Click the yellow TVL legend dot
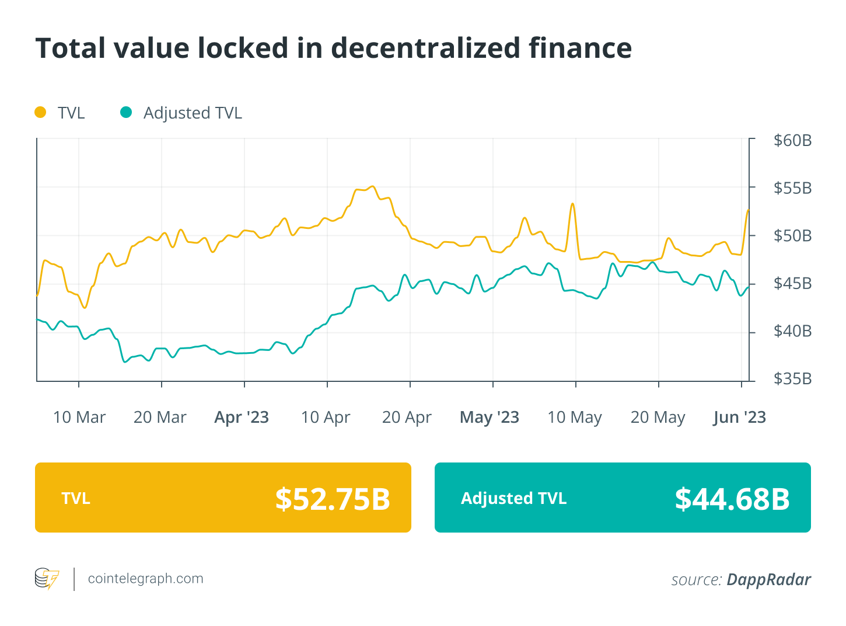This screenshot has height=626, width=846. [40, 112]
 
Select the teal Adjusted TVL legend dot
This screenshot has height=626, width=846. [126, 112]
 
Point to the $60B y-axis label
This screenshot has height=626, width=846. [792, 140]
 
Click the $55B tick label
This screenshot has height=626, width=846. [792, 188]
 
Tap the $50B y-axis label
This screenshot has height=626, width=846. [792, 236]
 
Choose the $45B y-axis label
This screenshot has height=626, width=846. [792, 284]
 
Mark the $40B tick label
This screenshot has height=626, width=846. [792, 331]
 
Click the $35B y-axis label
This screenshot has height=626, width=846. [792, 379]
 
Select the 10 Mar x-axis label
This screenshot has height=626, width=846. [79, 418]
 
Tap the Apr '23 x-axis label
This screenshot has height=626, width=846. [242, 418]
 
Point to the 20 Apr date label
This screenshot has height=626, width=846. [407, 418]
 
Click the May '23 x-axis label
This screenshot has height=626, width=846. [490, 418]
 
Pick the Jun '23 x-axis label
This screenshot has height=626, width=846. [739, 418]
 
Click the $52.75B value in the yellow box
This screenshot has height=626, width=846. [333, 499]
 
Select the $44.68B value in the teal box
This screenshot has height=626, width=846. [732, 499]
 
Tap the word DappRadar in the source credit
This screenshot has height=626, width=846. [768, 579]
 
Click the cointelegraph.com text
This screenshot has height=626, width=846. [145, 579]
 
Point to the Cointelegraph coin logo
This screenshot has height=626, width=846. [47, 579]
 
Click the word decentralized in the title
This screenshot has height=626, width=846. [425, 48]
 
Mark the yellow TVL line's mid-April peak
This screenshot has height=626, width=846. [372, 186]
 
